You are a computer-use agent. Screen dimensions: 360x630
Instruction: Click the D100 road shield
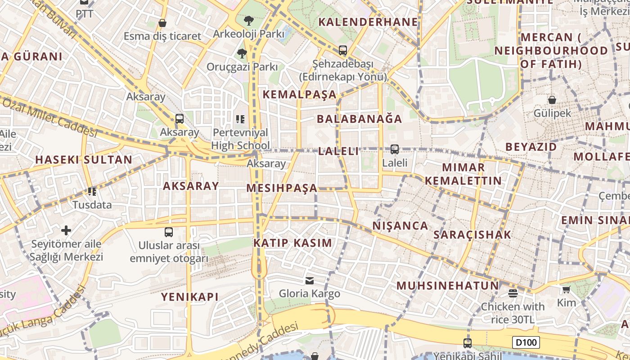(x=526, y=342)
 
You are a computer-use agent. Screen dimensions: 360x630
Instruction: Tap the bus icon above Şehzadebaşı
(x=343, y=50)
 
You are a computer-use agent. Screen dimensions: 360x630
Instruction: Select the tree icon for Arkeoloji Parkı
(x=248, y=20)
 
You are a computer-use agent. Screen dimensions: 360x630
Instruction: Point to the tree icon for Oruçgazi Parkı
(x=242, y=54)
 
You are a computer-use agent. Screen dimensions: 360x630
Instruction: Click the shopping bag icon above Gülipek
(x=552, y=100)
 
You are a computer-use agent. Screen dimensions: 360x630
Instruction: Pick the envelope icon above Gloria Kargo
(x=310, y=281)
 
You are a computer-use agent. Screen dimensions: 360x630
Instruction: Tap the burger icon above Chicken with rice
(x=513, y=293)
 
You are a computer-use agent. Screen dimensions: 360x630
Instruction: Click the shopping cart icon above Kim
(x=566, y=289)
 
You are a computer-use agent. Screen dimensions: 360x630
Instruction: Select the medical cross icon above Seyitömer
(x=66, y=231)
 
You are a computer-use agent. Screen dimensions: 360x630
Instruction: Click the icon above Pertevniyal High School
(x=240, y=119)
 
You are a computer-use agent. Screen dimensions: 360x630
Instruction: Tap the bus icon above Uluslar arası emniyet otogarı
(x=169, y=232)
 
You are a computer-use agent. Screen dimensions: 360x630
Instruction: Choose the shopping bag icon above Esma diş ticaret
(x=162, y=22)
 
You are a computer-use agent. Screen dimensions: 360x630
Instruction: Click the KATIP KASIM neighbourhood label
(x=292, y=243)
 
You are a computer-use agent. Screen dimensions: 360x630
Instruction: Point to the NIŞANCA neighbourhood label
(x=400, y=226)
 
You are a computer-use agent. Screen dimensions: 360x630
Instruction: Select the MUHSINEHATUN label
(x=447, y=286)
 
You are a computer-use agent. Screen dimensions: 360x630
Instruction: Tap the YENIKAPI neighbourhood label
(x=190, y=297)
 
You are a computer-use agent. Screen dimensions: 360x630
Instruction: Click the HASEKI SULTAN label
(x=84, y=160)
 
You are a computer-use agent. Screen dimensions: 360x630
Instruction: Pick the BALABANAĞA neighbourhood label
(x=360, y=119)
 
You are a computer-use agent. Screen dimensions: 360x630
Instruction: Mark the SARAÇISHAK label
(x=472, y=234)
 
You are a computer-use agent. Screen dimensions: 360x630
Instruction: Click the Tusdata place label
(x=92, y=205)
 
